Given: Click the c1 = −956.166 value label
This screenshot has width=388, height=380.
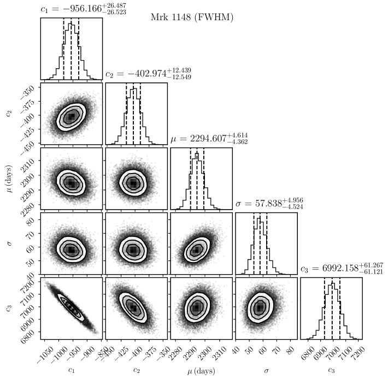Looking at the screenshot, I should click(x=83, y=9).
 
